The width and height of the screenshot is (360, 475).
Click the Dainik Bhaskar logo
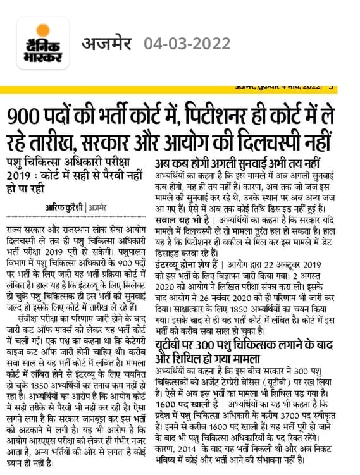click(43, 43)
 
